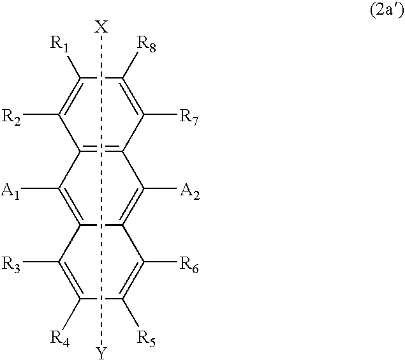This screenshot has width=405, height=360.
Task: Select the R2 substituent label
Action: click(11, 117)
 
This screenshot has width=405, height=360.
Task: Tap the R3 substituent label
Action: click(11, 265)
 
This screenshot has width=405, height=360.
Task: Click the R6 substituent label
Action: click(189, 265)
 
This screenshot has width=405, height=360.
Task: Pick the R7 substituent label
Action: click(189, 117)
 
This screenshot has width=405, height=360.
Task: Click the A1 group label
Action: click(11, 191)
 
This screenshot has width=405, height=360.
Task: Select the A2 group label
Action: click(190, 191)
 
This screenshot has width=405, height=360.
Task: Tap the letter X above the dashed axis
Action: click(101, 27)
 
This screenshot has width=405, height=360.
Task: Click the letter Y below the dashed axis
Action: click(101, 353)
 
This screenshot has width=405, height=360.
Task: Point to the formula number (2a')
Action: click(387, 11)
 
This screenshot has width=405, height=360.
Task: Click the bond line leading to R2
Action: click(41, 114)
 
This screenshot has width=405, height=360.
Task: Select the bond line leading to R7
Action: click(160, 114)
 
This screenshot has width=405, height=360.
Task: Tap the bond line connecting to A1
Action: click(40, 188)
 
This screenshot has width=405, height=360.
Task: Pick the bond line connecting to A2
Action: click(160, 188)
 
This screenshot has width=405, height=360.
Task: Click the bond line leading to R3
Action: click(41, 262)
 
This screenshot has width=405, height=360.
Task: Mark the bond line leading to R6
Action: click(160, 262)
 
